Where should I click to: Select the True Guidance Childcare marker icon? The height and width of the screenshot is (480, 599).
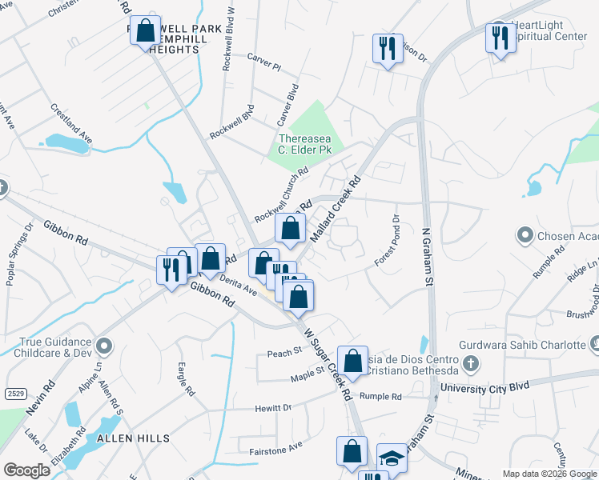point(103,346)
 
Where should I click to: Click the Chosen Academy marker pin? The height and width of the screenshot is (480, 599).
point(525,235)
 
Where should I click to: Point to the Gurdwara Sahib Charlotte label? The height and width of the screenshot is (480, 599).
point(529,345)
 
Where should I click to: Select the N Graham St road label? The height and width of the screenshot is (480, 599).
point(428,257)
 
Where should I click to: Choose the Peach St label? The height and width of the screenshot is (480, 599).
point(284,351)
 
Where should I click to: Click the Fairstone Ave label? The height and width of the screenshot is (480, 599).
point(275,446)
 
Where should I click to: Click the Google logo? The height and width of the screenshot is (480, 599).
point(26,470)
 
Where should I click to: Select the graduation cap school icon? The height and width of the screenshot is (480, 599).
point(391,458)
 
